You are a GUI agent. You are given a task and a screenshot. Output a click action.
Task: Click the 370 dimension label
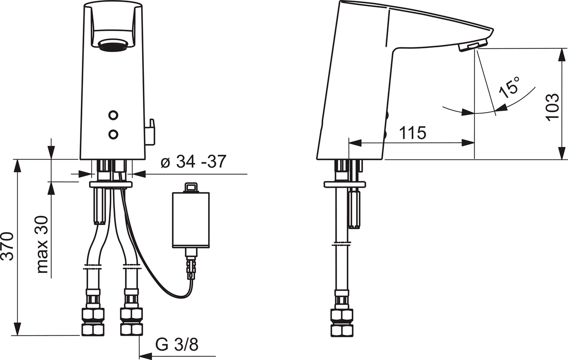click(x=8, y=246)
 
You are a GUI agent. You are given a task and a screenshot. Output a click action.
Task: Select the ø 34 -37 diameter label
click(x=193, y=161)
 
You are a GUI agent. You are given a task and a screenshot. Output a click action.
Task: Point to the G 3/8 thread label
click(x=177, y=344)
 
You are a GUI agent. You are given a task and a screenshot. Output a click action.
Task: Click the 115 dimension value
click(x=413, y=132)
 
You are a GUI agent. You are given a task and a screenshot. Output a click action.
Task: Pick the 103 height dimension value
click(x=552, y=108)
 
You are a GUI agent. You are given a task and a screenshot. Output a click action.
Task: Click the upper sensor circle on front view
click(x=113, y=115)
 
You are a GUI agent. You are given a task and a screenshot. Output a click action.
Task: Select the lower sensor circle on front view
click(x=113, y=134)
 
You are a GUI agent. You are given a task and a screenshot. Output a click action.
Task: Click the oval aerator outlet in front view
click(x=113, y=45)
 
